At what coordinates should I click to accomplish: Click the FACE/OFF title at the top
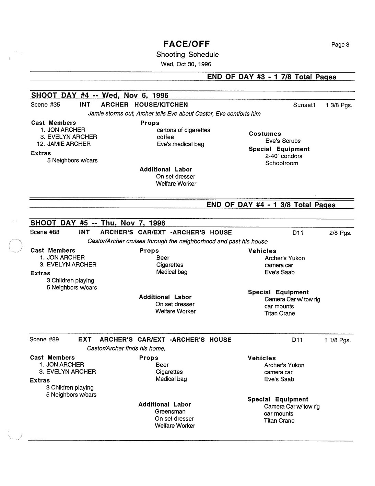[x=187, y=44]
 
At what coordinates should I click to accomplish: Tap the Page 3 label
[x=340, y=45]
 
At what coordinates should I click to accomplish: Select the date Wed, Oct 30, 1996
[x=186, y=64]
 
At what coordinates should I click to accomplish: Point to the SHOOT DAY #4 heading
[x=99, y=95]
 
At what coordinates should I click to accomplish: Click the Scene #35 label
[x=45, y=104]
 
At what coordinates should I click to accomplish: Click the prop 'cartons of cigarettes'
[x=183, y=130]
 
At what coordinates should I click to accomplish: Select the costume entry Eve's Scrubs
[x=283, y=141]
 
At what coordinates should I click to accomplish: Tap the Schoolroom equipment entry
[x=281, y=163]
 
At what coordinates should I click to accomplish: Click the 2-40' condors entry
[x=283, y=156]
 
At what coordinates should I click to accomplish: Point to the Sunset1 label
[x=304, y=105]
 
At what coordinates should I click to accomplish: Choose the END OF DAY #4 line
[x=271, y=205]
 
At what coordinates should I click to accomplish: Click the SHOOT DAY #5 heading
[x=98, y=223]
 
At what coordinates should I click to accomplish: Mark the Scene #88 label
[x=45, y=232]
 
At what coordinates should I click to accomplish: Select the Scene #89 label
[x=44, y=340]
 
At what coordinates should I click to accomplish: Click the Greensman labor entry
[x=170, y=411]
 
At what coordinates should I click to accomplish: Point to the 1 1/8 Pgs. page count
[x=337, y=340]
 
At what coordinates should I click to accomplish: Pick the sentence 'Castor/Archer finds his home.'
[x=126, y=349]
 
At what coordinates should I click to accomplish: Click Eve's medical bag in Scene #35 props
[x=180, y=144]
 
